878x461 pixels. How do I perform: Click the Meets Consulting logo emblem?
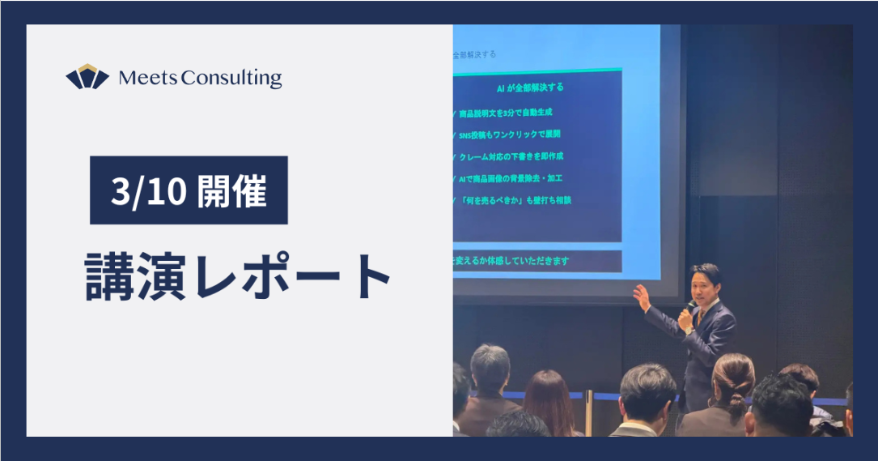(x=87, y=77)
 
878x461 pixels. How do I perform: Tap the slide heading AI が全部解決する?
(x=530, y=87)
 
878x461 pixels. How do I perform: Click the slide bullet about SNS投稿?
(x=509, y=134)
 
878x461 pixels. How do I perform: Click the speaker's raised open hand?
(x=643, y=297)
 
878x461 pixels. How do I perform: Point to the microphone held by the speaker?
(x=690, y=308)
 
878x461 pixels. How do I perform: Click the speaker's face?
(x=702, y=284)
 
